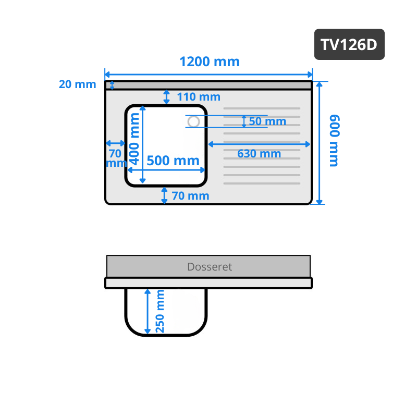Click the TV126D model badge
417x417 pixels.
pyautogui.click(x=349, y=44)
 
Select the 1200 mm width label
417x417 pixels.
pyautogui.click(x=210, y=62)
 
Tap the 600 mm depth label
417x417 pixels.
pyautogui.click(x=335, y=141)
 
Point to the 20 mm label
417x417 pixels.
pyautogui.click(x=77, y=84)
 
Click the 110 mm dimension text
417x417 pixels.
pyautogui.click(x=199, y=97)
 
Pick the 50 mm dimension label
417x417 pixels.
pyautogui.click(x=267, y=121)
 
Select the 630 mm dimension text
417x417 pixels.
pyautogui.click(x=259, y=154)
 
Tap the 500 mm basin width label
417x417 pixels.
pyautogui.click(x=173, y=161)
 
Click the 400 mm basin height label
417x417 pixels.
pyautogui.click(x=134, y=139)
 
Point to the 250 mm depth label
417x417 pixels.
pyautogui.click(x=160, y=311)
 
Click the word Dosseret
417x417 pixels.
pyautogui.click(x=210, y=267)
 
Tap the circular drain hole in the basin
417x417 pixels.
pyautogui.click(x=193, y=122)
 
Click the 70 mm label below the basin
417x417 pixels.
pyautogui.click(x=190, y=196)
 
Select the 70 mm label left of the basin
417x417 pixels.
pyautogui.click(x=116, y=158)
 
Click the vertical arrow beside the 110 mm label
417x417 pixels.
pyautogui.click(x=166, y=97)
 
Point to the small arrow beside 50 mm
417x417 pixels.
pyautogui.click(x=244, y=121)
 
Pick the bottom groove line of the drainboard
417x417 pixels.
pyautogui.click(x=262, y=183)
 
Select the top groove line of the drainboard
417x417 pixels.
pyautogui.click(x=262, y=108)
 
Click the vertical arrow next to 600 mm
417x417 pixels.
pyautogui.click(x=320, y=143)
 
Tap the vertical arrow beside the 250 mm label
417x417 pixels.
pyautogui.click(x=148, y=311)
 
